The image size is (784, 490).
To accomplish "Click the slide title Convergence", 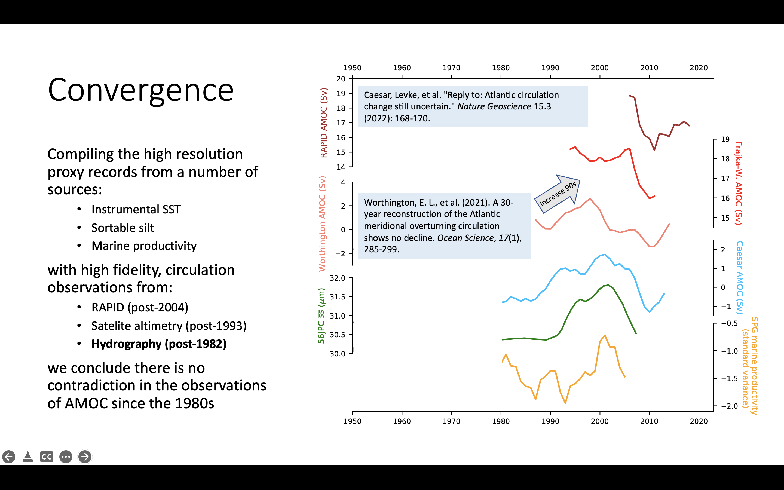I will pyautogui.click(x=140, y=90).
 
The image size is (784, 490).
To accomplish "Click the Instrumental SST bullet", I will pyautogui.click(x=136, y=209).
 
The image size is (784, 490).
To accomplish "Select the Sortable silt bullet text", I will pyautogui.click(x=122, y=228).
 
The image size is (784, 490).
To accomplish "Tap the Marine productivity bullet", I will pyautogui.click(x=144, y=246).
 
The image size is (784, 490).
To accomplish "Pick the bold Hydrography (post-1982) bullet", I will pyautogui.click(x=159, y=344).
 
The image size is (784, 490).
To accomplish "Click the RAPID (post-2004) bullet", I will pyautogui.click(x=140, y=307).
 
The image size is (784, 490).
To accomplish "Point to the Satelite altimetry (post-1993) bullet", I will pyautogui.click(x=169, y=326).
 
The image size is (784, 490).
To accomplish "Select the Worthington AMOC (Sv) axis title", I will pyautogui.click(x=322, y=223).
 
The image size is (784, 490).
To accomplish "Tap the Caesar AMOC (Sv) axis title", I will pyautogui.click(x=740, y=277).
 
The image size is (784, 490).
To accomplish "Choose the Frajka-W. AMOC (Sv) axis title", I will pyautogui.click(x=738, y=183).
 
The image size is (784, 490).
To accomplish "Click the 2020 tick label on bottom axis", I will pyautogui.click(x=699, y=421).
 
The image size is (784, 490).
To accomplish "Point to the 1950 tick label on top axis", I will pyautogui.click(x=352, y=68).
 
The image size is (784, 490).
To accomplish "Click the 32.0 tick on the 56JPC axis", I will pyautogui.click(x=337, y=278).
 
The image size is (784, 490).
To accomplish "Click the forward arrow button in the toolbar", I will pyautogui.click(x=85, y=457).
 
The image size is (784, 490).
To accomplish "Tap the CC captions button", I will pyautogui.click(x=47, y=457).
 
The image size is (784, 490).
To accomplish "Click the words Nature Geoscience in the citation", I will pyautogui.click(x=494, y=107).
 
